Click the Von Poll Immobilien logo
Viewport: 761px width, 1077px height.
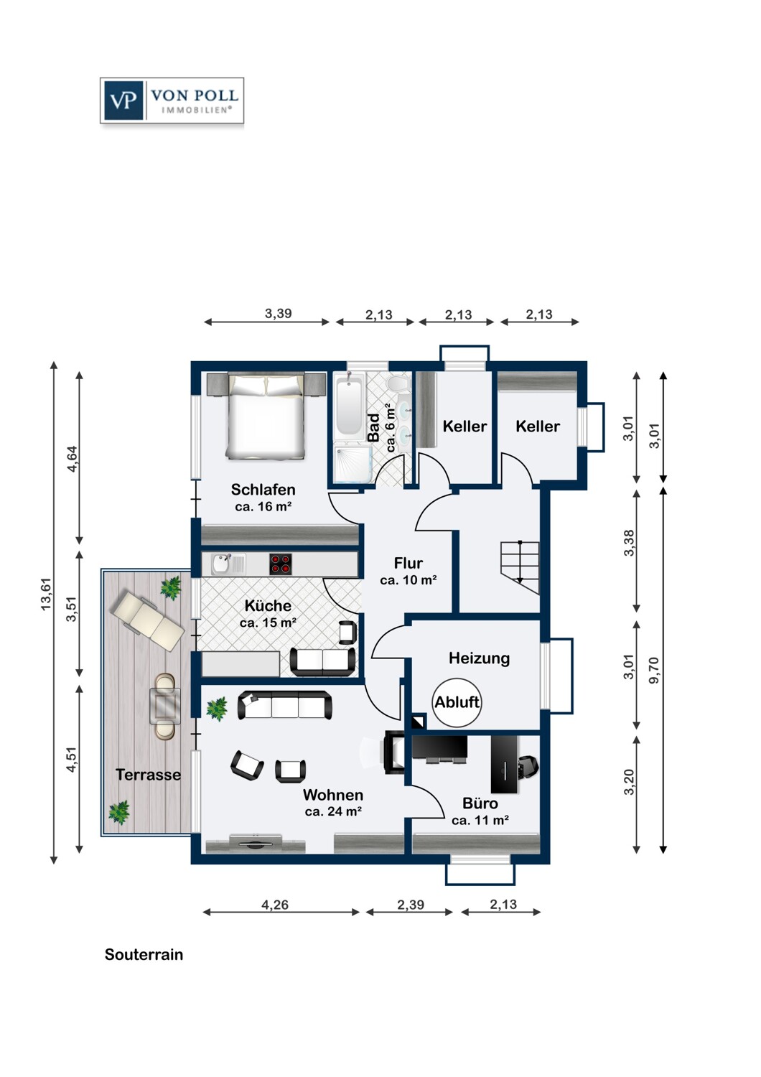[x=172, y=101]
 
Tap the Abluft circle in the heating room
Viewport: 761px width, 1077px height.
[x=457, y=702]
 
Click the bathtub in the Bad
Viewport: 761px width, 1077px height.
[x=347, y=407]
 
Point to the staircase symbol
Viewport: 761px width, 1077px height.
[x=520, y=569]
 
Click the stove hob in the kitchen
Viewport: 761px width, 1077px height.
[x=281, y=564]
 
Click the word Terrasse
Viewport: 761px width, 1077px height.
[x=148, y=775]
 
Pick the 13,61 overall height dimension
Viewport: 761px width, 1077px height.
[x=46, y=594]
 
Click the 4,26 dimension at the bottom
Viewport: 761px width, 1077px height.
[x=275, y=905]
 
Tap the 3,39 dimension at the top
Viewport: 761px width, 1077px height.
[x=279, y=314]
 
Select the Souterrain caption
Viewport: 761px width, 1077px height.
[x=144, y=954]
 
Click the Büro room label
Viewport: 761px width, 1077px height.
[x=480, y=803]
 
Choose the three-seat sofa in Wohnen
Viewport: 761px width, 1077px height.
[x=284, y=705]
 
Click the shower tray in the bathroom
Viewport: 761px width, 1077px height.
[x=353, y=463]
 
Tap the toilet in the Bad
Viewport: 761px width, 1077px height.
[x=396, y=383]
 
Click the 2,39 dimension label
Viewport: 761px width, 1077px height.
[x=411, y=905]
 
